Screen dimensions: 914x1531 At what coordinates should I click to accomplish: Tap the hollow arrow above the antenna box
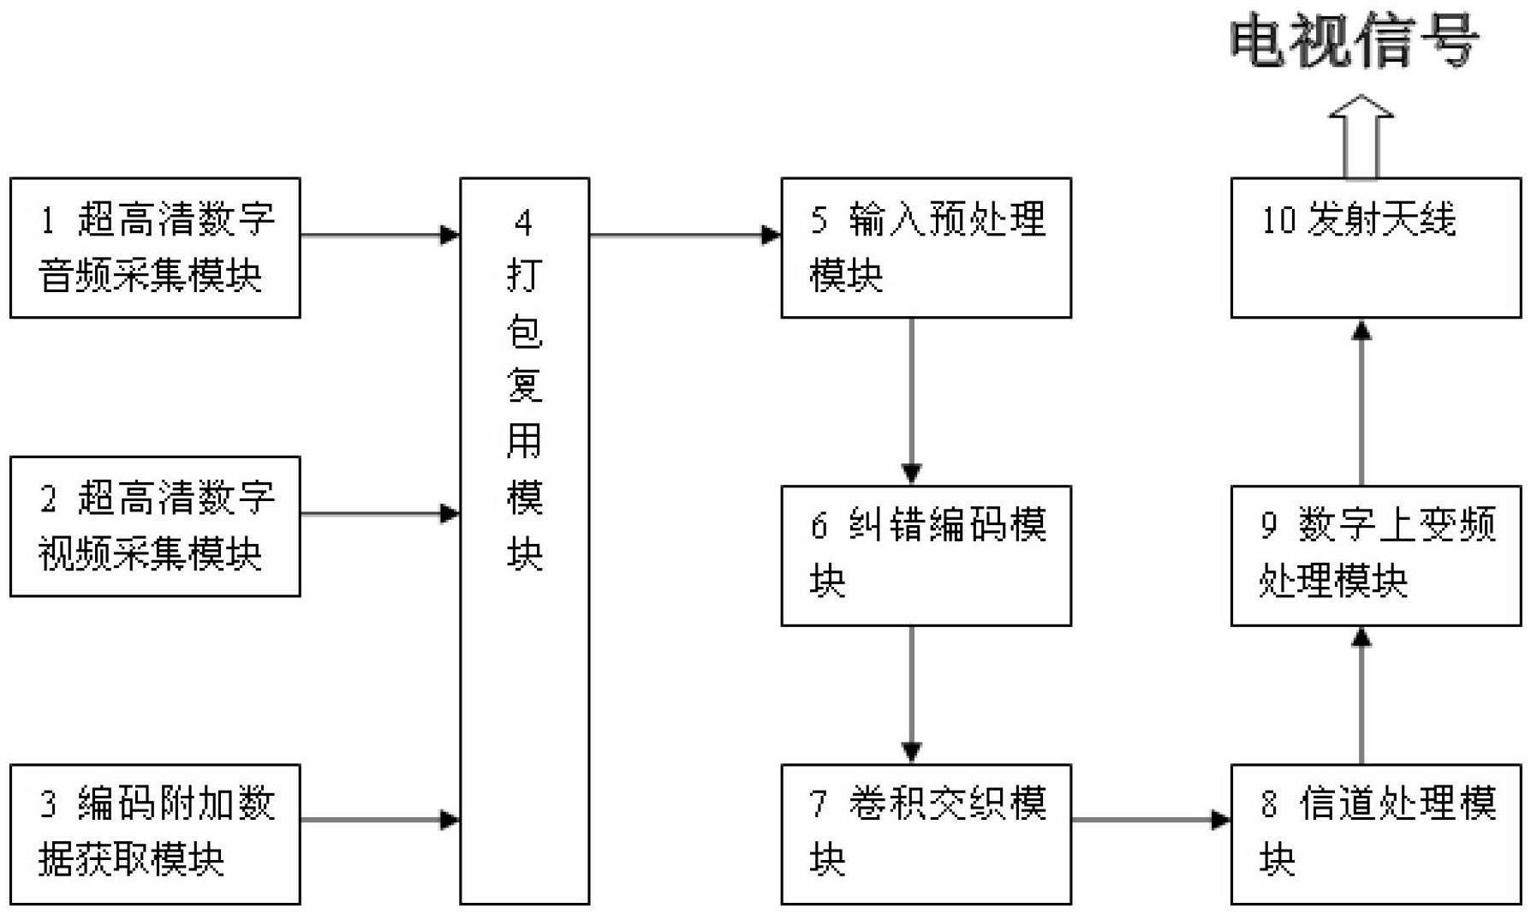pyautogui.click(x=1361, y=137)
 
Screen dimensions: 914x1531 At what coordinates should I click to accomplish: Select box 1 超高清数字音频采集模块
pyautogui.click(x=155, y=248)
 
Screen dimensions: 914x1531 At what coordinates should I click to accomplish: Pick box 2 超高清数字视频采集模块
pyautogui.click(x=155, y=526)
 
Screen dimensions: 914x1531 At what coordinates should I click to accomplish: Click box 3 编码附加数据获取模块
pyautogui.click(x=155, y=833)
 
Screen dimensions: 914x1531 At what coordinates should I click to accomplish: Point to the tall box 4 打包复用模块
pyautogui.click(x=524, y=541)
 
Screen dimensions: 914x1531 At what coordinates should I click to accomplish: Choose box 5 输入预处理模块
pyautogui.click(x=926, y=248)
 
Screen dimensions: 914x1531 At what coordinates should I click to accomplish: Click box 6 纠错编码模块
pyautogui.click(x=926, y=555)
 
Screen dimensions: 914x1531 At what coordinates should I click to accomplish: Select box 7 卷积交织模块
pyautogui.click(x=926, y=833)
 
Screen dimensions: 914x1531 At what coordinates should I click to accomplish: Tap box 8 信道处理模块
pyautogui.click(x=1375, y=833)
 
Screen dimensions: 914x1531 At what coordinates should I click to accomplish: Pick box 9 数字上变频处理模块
pyautogui.click(x=1375, y=555)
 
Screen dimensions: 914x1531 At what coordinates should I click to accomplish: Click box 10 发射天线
pyautogui.click(x=1375, y=248)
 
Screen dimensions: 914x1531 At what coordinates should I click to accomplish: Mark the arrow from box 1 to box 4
pyautogui.click(x=380, y=234)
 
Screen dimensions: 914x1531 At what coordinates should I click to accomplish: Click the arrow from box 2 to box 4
pyautogui.click(x=380, y=514)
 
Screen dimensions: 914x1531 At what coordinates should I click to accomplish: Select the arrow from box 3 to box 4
pyautogui.click(x=380, y=820)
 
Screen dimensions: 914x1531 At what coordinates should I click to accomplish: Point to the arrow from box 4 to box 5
pyautogui.click(x=685, y=234)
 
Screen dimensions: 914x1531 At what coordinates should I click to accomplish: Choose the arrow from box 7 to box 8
pyautogui.click(x=1151, y=820)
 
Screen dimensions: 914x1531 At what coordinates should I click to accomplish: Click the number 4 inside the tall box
pyautogui.click(x=523, y=223)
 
